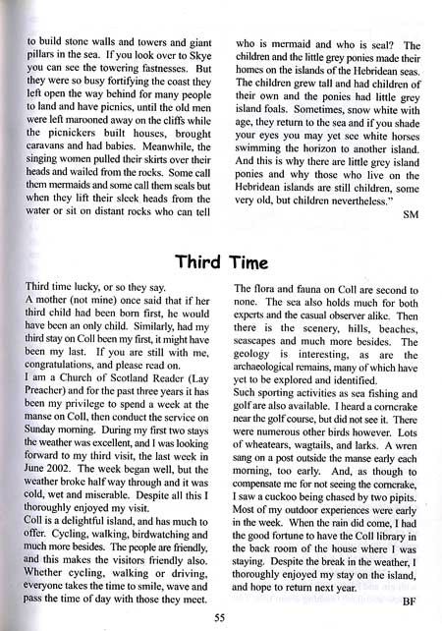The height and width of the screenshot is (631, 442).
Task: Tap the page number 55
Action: pos(221,616)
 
